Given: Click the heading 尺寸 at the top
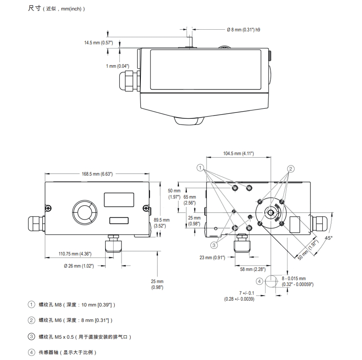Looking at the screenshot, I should (34, 8).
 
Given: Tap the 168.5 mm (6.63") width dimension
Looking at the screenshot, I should (97, 174).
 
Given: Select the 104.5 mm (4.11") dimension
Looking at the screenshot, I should (238, 154).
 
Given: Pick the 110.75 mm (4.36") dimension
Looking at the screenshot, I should (75, 254).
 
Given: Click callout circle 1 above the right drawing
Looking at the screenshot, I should (201, 168).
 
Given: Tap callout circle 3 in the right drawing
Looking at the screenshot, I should (214, 245).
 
